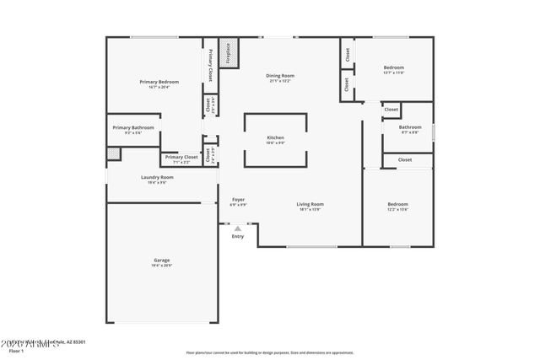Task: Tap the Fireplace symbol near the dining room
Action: click(x=227, y=52)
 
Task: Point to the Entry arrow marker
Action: click(x=238, y=227)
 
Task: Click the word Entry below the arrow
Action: click(x=238, y=236)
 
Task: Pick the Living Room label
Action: click(x=310, y=206)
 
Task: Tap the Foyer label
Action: click(x=239, y=201)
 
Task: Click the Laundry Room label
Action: click(x=157, y=179)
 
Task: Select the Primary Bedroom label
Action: click(x=159, y=83)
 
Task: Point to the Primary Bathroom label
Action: click(x=139, y=129)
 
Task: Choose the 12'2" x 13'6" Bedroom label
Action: click(x=397, y=206)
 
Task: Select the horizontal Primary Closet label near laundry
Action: click(x=181, y=158)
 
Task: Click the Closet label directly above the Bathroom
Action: click(x=391, y=110)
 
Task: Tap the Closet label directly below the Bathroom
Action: click(x=405, y=159)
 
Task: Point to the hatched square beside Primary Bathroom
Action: click(x=113, y=153)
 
